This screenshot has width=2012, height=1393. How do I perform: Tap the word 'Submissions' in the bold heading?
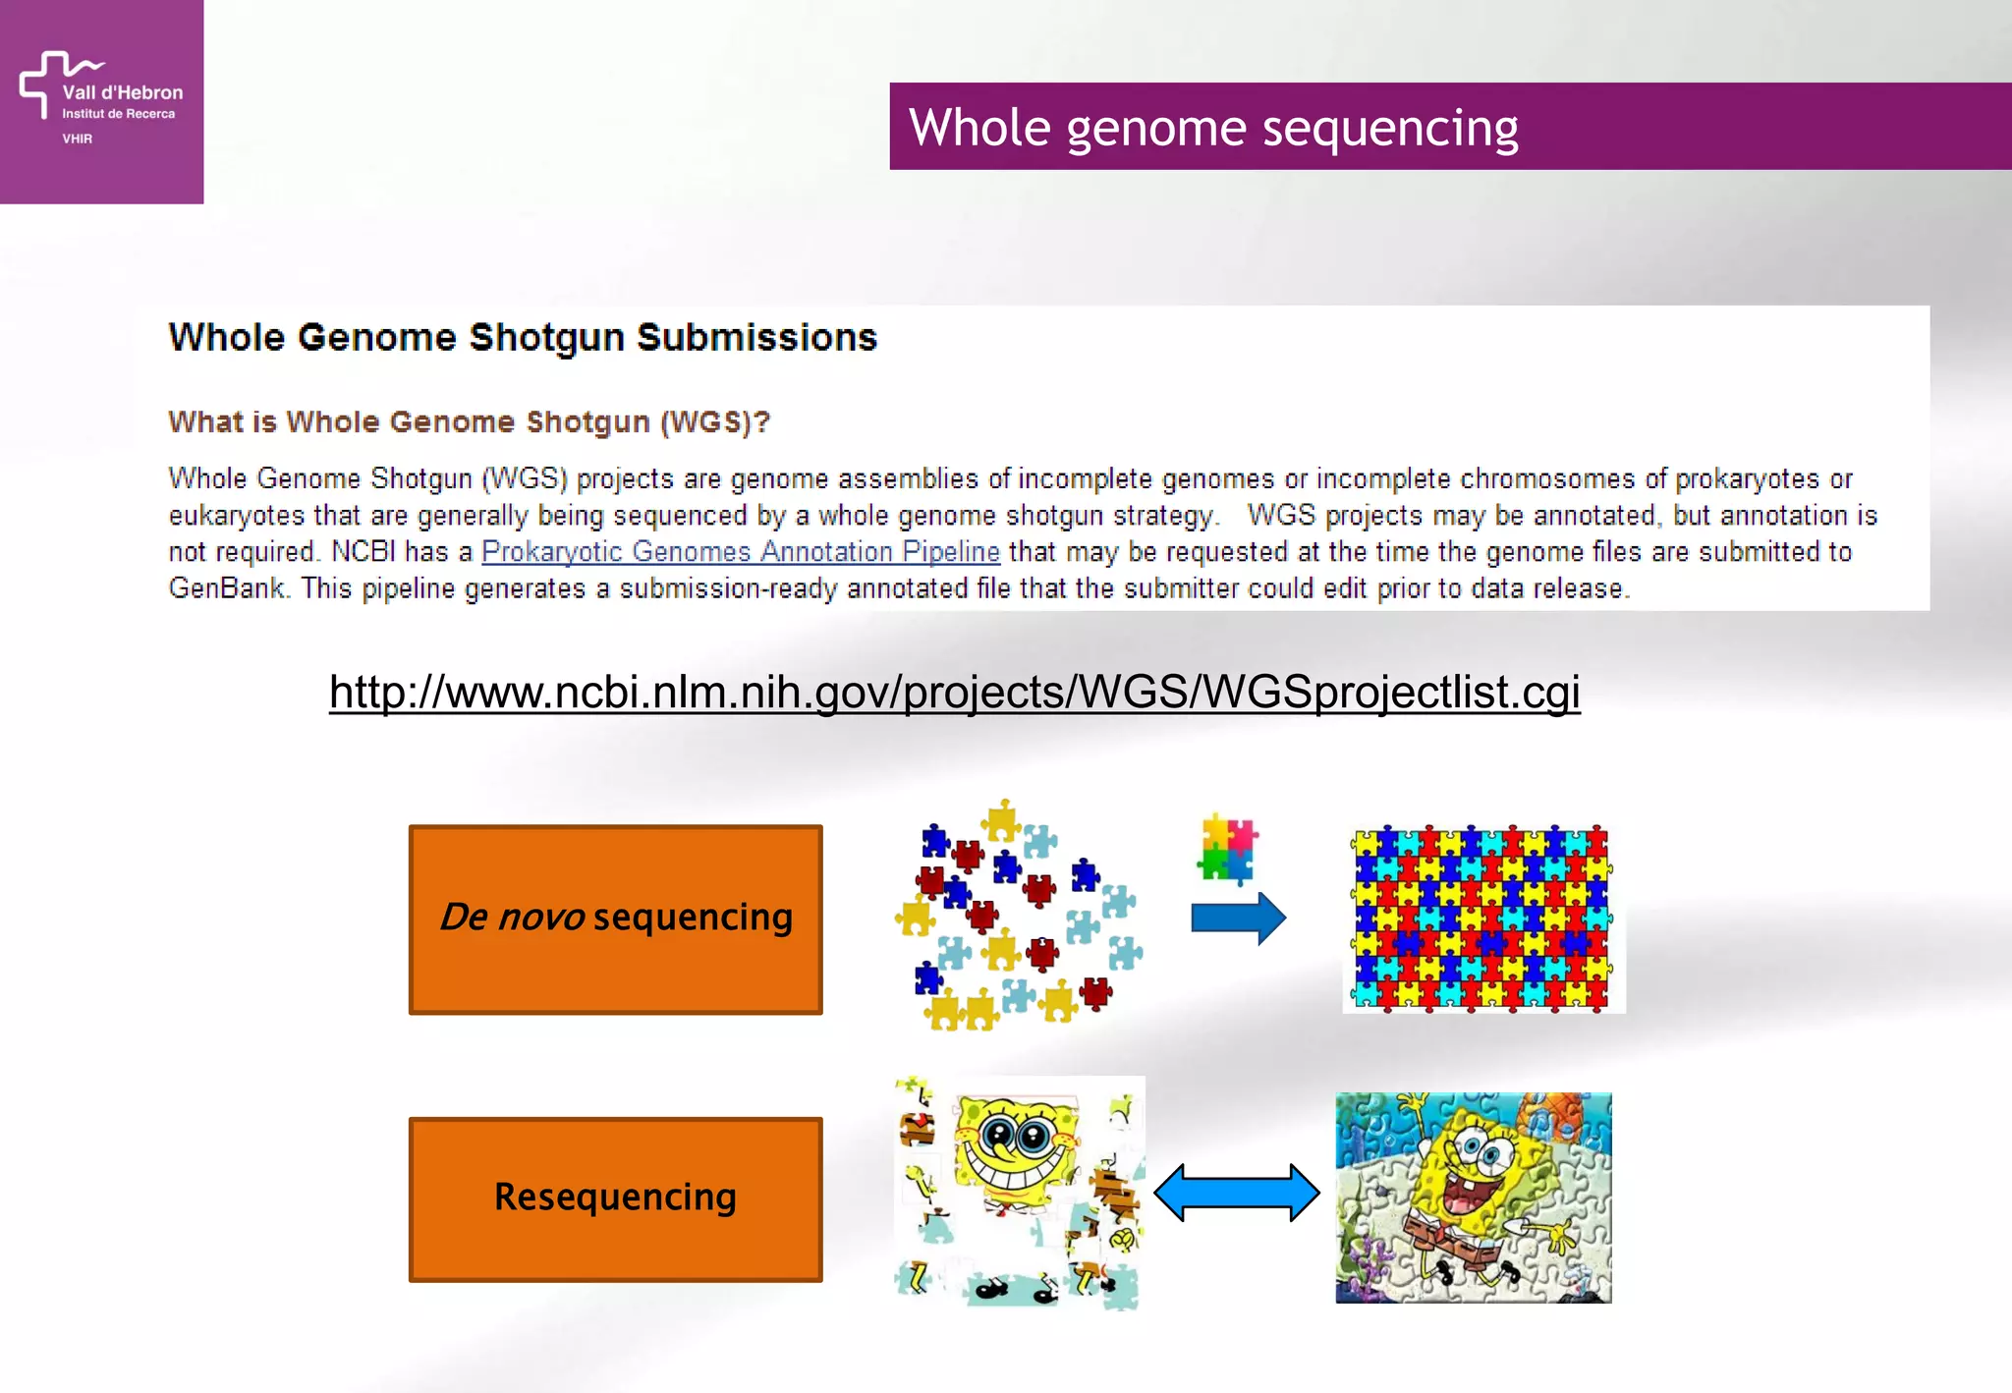coord(756,337)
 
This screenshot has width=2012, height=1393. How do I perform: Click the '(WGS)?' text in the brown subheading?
coord(714,421)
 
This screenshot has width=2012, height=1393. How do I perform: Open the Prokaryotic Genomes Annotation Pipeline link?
coord(740,551)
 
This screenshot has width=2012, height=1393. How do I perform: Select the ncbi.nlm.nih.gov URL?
coord(954,692)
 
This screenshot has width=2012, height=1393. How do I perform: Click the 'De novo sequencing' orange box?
coord(615,919)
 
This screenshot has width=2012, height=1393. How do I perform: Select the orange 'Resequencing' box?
coord(615,1198)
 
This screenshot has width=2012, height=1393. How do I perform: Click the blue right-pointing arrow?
coord(1238,919)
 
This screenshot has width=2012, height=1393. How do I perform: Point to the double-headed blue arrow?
coord(1236,1193)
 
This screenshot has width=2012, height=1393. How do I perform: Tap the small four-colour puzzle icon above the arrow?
coord(1227,847)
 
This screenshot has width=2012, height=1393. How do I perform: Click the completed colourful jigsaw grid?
coord(1481,918)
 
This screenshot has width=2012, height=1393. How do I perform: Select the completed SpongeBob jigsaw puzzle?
coord(1473,1198)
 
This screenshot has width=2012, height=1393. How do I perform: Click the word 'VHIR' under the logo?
coord(77,139)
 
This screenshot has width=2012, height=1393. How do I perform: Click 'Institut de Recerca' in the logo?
coord(118,114)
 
